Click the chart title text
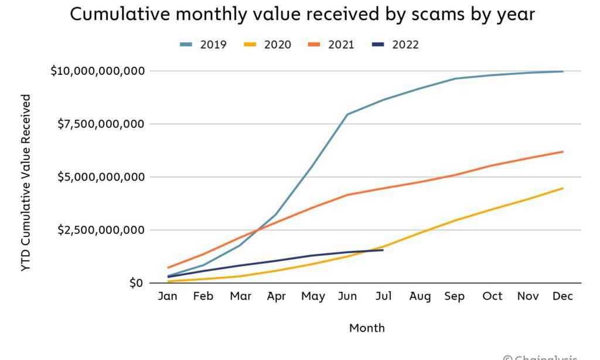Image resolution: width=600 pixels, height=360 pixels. pyautogui.click(x=302, y=15)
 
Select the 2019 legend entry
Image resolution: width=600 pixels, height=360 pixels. pyautogui.click(x=203, y=45)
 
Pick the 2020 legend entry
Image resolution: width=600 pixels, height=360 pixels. pyautogui.click(x=268, y=45)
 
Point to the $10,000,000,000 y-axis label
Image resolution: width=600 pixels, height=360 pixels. pyautogui.click(x=97, y=71)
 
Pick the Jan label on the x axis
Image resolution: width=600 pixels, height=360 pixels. pyautogui.click(x=168, y=297)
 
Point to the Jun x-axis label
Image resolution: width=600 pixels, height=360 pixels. pyautogui.click(x=347, y=297)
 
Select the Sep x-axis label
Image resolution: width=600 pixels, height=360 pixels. pyautogui.click(x=455, y=297)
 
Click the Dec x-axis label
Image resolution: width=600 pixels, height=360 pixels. pyautogui.click(x=563, y=297)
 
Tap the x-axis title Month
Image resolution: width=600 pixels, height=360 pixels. pyautogui.click(x=367, y=328)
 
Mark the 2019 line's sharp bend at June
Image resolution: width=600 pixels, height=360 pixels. pyautogui.click(x=347, y=114)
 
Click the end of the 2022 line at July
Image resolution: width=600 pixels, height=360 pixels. pyautogui.click(x=383, y=250)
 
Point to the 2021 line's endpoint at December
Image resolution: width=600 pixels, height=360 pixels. pyautogui.click(x=563, y=152)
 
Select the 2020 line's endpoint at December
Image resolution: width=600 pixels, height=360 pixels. pyautogui.click(x=563, y=188)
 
